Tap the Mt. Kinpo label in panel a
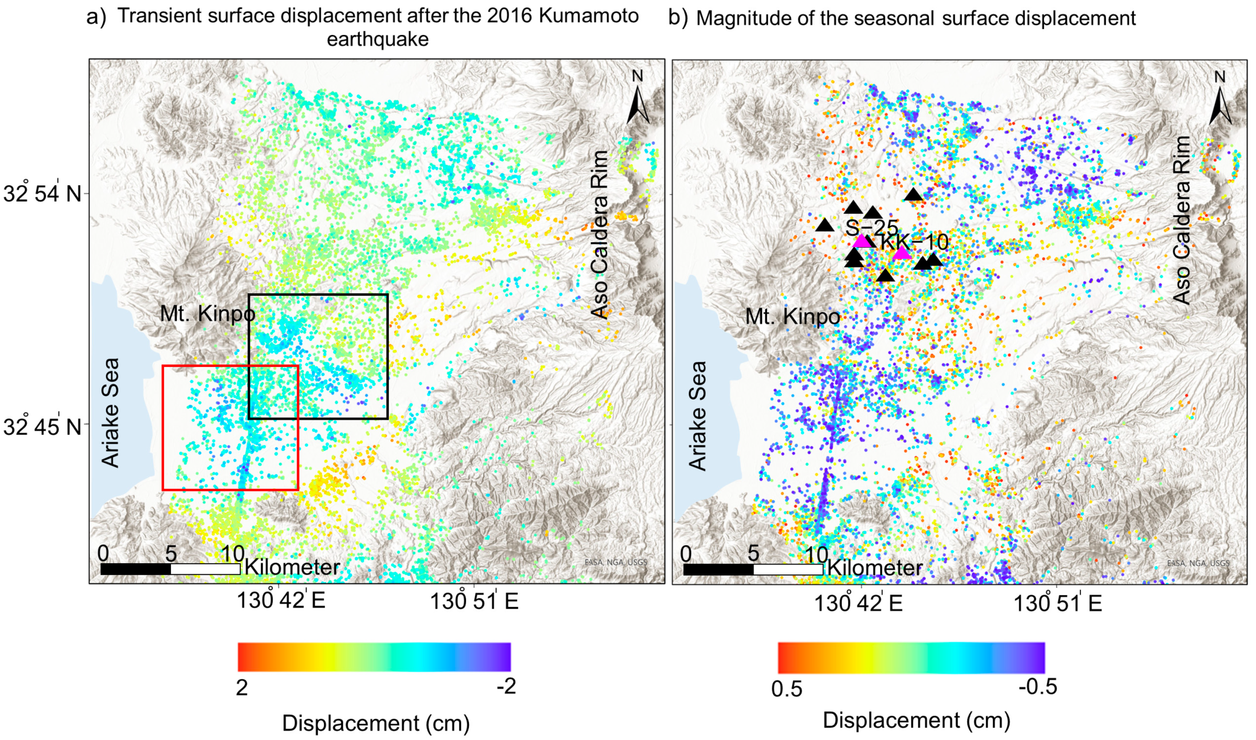point(207,314)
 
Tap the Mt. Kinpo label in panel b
point(792,317)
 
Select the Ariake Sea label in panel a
point(111,413)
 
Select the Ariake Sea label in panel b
point(698,416)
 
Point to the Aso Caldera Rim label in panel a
point(600,234)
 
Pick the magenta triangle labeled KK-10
point(901,253)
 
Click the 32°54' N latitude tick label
point(42,194)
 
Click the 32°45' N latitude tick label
point(42,427)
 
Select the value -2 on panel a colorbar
point(506,687)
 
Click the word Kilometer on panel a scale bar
point(292,567)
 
